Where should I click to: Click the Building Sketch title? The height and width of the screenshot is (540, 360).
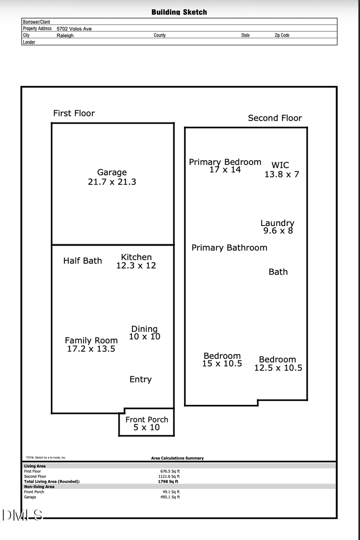tap(179, 12)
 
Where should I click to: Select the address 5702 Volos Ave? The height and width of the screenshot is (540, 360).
tap(74, 29)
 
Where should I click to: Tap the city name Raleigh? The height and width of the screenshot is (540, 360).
tap(65, 36)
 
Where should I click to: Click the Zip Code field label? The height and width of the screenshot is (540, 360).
tap(282, 35)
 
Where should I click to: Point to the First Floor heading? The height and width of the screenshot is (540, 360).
tap(74, 113)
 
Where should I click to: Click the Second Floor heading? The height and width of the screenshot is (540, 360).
tap(275, 118)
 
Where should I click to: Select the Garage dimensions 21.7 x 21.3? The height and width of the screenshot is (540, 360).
tap(112, 182)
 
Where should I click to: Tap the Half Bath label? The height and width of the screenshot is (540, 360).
tap(82, 261)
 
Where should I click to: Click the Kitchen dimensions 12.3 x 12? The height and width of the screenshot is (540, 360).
tap(136, 266)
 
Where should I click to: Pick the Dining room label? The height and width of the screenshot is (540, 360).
tap(144, 329)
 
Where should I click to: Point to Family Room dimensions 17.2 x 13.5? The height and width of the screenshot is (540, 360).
tap(91, 349)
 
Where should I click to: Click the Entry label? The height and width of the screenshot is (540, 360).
tap(140, 379)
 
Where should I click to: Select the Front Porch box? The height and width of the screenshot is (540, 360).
tap(147, 423)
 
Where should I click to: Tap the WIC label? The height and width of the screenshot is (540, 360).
tap(280, 165)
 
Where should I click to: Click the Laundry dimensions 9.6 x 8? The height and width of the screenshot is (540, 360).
tap(278, 231)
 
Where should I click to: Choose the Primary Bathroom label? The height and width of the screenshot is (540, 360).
tap(229, 248)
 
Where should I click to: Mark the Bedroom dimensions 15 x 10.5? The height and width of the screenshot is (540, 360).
tap(222, 364)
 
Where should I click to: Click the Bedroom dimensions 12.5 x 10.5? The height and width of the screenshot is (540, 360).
tap(278, 368)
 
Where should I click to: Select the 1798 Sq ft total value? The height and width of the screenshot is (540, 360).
tap(168, 482)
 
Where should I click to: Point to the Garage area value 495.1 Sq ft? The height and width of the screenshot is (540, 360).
tap(170, 497)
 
